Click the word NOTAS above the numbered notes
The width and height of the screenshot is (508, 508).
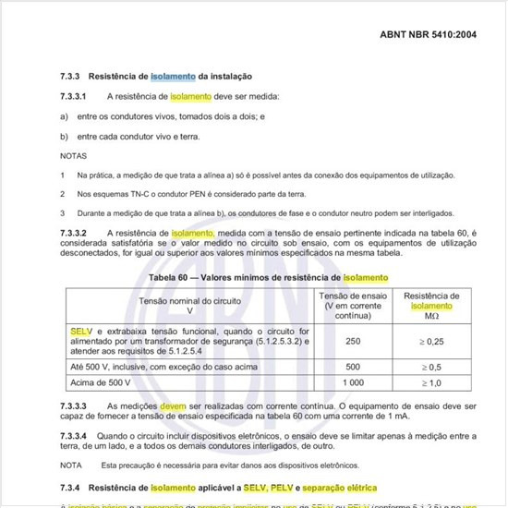point(74,155)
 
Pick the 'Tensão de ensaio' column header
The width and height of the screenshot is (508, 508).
point(353,295)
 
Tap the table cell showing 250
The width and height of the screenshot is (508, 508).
point(353,342)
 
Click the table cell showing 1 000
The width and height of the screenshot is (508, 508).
point(353,382)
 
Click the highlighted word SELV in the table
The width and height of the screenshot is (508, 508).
point(81,330)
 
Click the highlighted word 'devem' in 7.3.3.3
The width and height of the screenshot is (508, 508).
point(174,406)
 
